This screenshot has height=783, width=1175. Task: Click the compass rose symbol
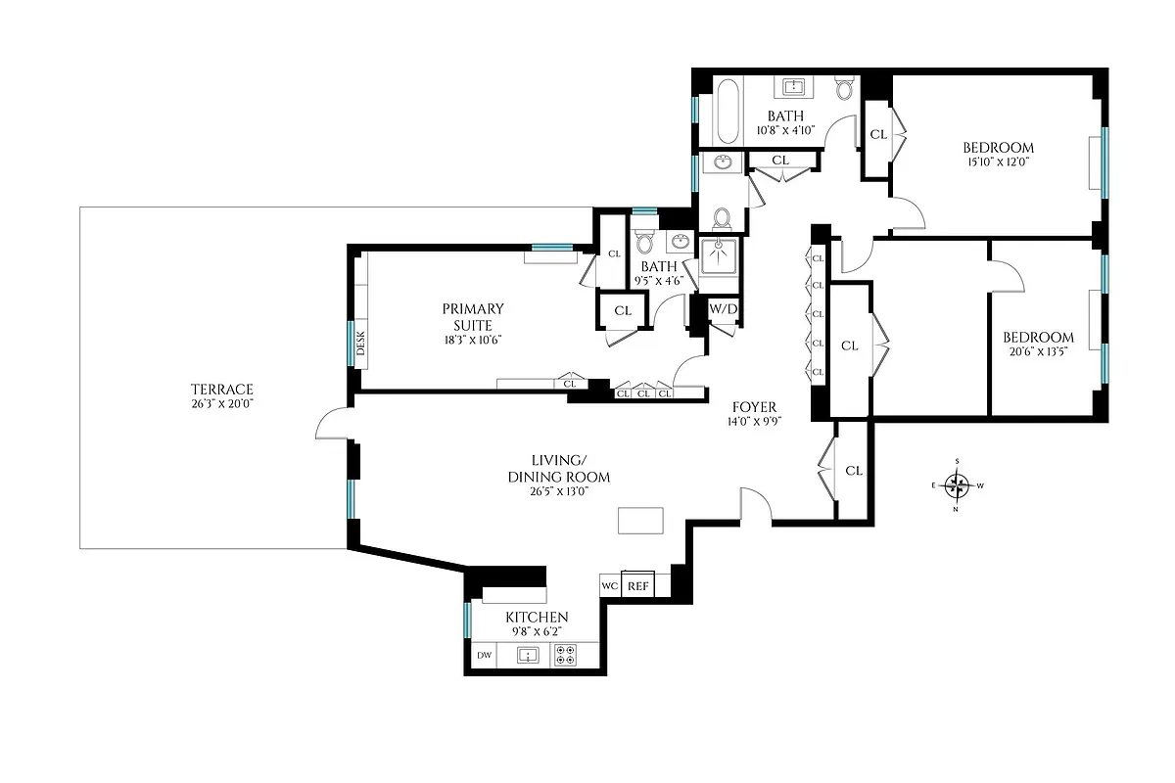click(x=959, y=484)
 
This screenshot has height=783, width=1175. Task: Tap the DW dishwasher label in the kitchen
click(x=483, y=656)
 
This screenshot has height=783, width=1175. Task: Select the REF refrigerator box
click(x=638, y=585)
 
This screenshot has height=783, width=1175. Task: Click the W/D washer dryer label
click(x=723, y=309)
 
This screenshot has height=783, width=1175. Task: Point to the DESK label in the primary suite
click(x=360, y=344)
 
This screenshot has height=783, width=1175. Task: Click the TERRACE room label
click(x=222, y=389)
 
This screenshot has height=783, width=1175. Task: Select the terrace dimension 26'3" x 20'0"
click(x=222, y=403)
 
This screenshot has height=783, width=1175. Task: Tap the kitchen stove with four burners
click(x=565, y=656)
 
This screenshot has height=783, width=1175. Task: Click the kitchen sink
click(x=529, y=656)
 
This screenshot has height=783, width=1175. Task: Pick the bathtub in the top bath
click(x=727, y=112)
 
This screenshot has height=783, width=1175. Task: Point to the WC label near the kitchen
click(x=609, y=585)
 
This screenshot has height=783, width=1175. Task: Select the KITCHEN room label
click(x=536, y=618)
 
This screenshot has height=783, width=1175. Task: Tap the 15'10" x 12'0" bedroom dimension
click(x=998, y=162)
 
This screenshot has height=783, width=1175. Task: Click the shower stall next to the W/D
click(x=720, y=259)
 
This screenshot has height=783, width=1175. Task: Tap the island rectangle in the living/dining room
click(x=639, y=520)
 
